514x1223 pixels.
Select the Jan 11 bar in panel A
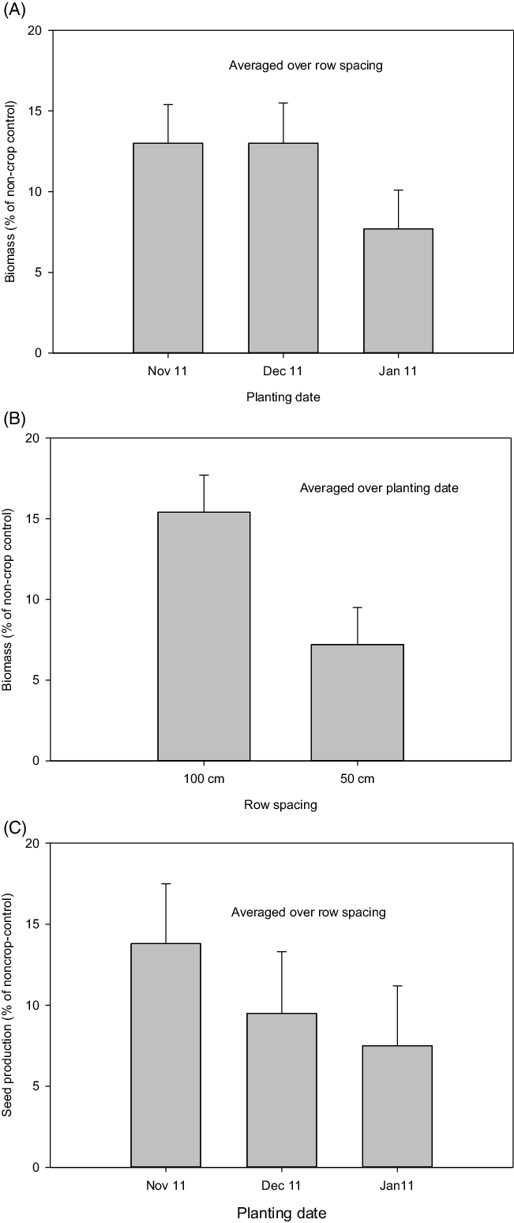tap(398, 290)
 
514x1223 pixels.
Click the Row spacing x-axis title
tap(280, 805)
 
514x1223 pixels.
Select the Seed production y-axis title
tap(9, 1003)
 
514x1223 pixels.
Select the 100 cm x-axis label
tap(204, 779)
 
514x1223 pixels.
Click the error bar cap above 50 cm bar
tap(357, 607)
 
